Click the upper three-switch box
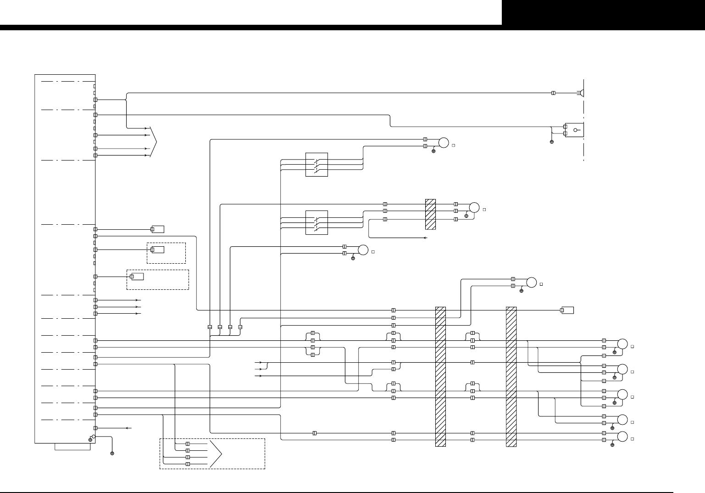click(316, 165)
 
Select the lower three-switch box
click(316, 222)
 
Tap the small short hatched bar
click(430, 214)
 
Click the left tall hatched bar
click(440, 376)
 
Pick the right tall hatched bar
click(511, 376)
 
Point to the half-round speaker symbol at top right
click(582, 93)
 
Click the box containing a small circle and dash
click(574, 130)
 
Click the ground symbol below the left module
click(112, 453)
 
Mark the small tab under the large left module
click(72, 447)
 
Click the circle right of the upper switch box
click(444, 143)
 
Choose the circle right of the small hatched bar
click(474, 208)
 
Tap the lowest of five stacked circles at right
click(622, 437)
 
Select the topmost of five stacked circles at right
click(622, 344)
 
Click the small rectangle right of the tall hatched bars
click(568, 310)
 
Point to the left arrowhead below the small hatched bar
click(425, 238)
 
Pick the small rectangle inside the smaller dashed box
click(158, 249)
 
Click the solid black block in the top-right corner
click(603, 12)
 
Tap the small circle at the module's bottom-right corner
click(94, 437)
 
